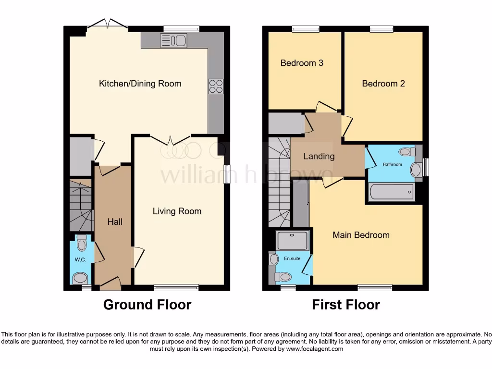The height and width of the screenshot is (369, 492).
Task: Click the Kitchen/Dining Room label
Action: (140, 84)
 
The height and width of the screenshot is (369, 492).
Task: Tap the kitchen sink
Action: (174, 41)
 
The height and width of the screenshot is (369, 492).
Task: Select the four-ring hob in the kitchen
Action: (216, 86)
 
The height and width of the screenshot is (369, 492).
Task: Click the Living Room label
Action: (177, 211)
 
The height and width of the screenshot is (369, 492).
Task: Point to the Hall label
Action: (115, 221)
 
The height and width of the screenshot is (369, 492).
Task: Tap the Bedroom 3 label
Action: (302, 63)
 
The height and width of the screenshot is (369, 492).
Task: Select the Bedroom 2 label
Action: (383, 84)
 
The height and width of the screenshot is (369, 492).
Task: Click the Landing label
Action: (319, 156)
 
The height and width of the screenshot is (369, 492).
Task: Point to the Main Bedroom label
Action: (361, 235)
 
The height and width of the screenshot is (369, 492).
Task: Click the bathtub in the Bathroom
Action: (391, 192)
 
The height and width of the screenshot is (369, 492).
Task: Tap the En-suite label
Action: (292, 258)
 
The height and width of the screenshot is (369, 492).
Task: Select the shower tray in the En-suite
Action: (293, 240)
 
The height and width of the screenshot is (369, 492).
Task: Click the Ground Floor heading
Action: (147, 305)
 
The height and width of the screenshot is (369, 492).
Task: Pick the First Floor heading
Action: (346, 305)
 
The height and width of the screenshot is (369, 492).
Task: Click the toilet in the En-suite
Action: (283, 277)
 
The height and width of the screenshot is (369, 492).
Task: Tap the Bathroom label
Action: (392, 165)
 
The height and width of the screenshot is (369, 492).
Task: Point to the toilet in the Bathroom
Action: (406, 152)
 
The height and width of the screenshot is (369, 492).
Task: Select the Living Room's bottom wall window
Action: (176, 288)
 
